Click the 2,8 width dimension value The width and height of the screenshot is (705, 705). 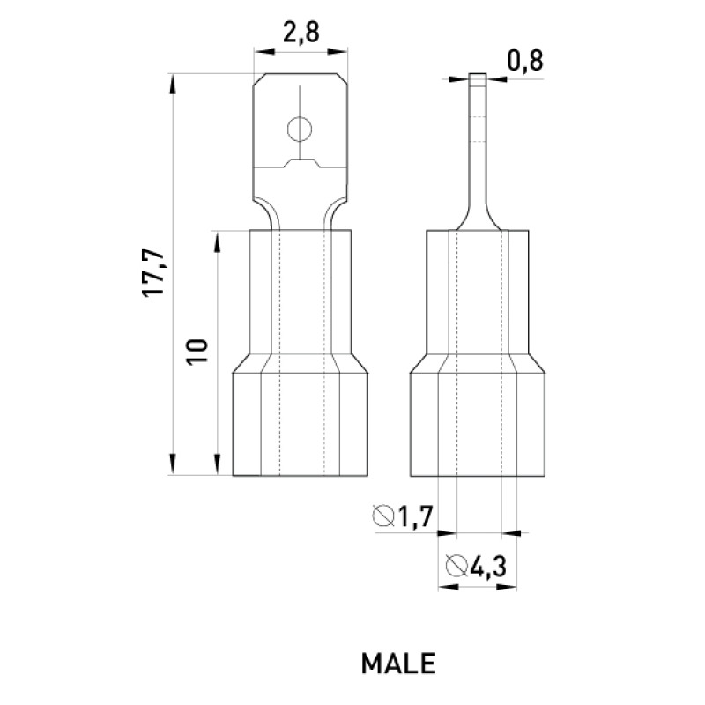tap(301, 32)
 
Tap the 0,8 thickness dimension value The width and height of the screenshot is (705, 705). tap(525, 60)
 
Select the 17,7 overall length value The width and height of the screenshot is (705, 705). tap(153, 273)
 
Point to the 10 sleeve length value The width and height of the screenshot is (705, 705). tap(197, 352)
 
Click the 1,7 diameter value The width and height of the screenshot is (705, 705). tap(414, 516)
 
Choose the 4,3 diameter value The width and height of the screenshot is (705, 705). tap(488, 566)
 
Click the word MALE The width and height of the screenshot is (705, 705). tap(398, 664)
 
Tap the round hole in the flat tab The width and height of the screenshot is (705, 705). tap(300, 130)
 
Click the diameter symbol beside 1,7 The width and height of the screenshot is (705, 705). tap(383, 516)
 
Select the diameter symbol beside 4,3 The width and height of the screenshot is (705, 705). tap(456, 566)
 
